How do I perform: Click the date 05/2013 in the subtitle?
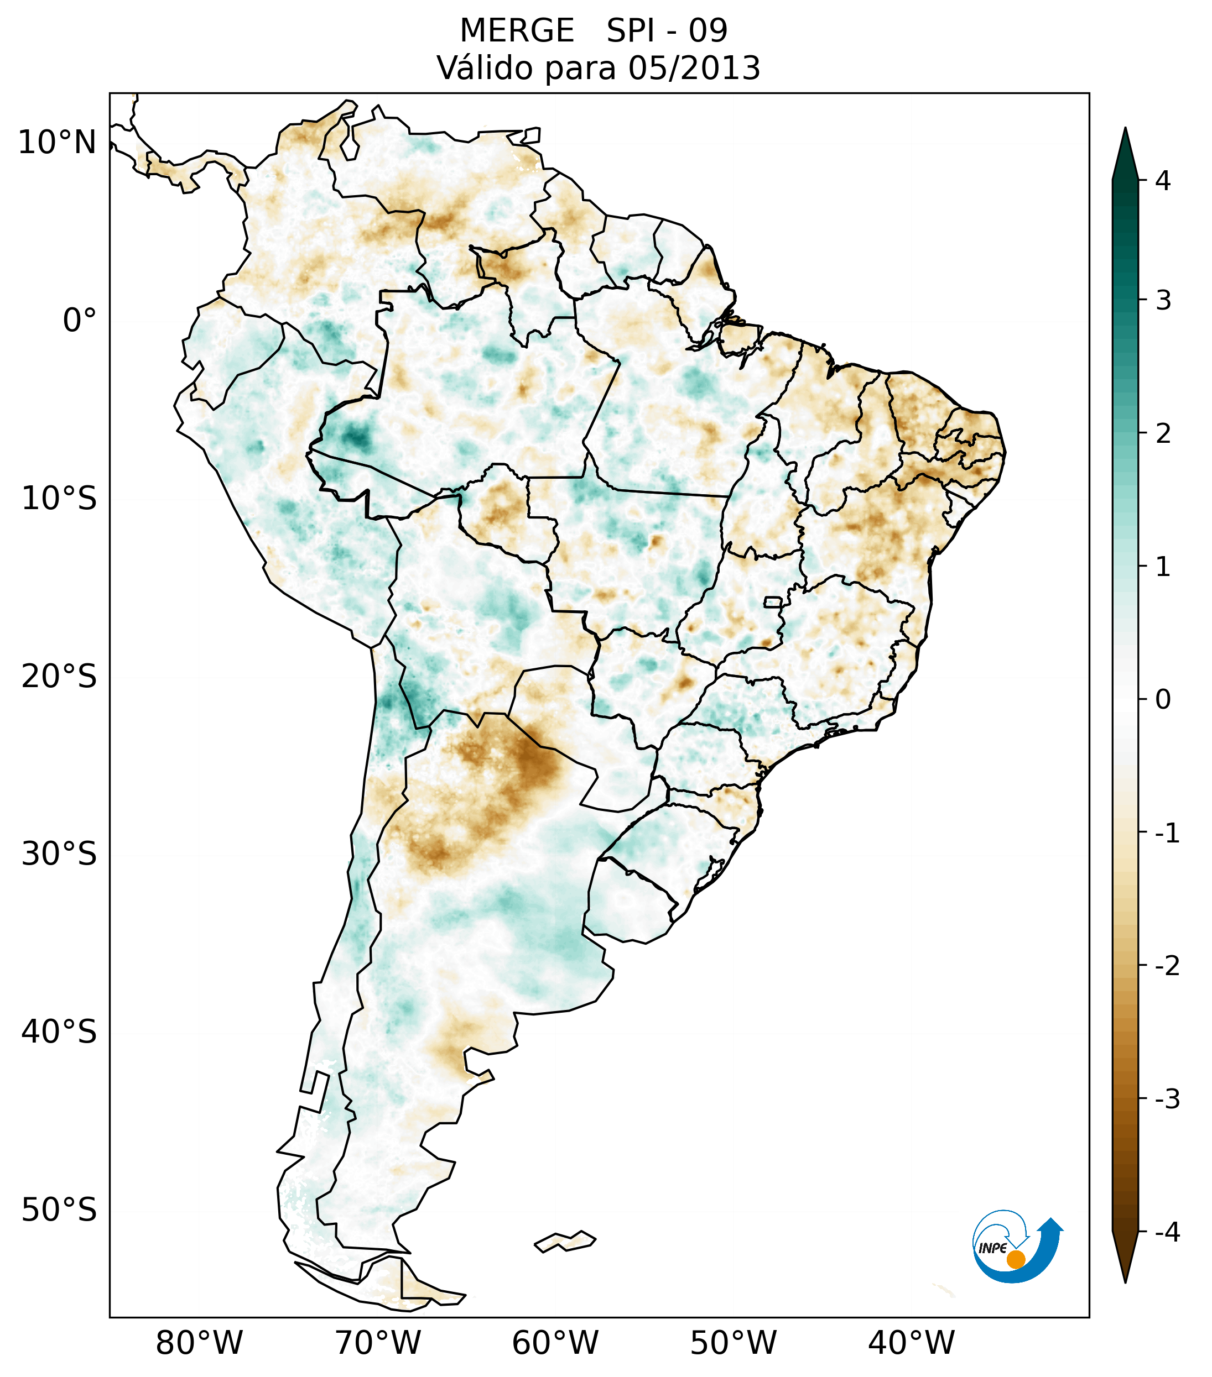pyautogui.click(x=694, y=68)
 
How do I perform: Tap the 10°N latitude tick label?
pyautogui.click(x=58, y=142)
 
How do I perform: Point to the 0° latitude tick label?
pyautogui.click(x=80, y=320)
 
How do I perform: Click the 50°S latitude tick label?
pyautogui.click(x=59, y=1210)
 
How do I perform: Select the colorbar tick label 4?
pyautogui.click(x=1163, y=181)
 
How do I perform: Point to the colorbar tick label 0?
pyautogui.click(x=1163, y=700)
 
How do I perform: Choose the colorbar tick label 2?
pyautogui.click(x=1163, y=434)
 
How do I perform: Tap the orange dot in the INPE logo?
pyautogui.click(x=1015, y=1259)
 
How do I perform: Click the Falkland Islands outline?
pyautogui.click(x=565, y=1241)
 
